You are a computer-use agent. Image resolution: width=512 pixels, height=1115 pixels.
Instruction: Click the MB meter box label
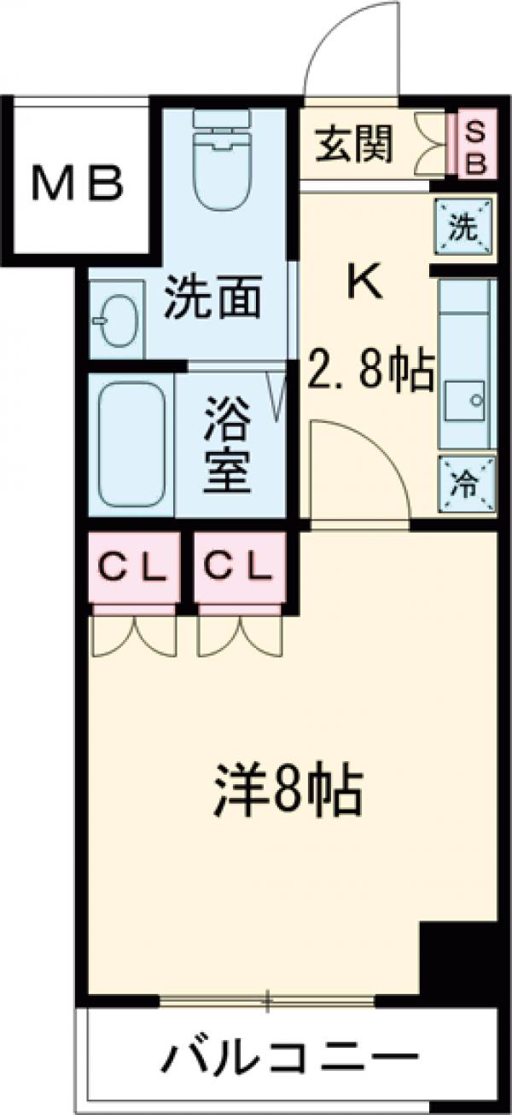(x=79, y=181)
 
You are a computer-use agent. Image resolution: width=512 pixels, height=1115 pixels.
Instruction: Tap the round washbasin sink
(x=117, y=321)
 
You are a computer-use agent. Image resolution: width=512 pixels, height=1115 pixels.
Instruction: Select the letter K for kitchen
(x=364, y=281)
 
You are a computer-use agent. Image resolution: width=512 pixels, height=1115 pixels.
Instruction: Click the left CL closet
(x=134, y=566)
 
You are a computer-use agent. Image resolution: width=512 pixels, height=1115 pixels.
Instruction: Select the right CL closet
(x=239, y=566)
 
